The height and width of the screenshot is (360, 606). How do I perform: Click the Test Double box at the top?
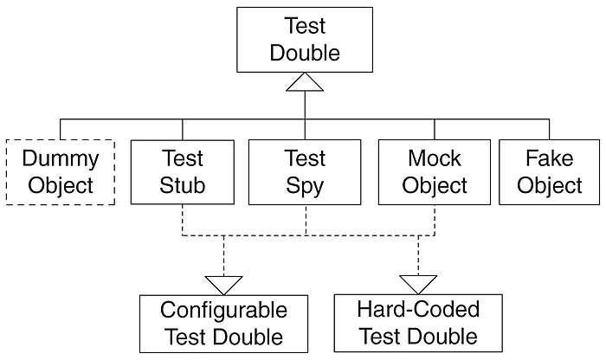(305, 41)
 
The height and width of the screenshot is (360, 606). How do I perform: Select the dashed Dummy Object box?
(60, 171)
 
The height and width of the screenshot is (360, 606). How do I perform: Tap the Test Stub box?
(182, 171)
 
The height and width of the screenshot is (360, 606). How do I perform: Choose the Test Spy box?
(305, 171)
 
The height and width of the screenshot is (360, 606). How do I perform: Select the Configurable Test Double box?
(223, 323)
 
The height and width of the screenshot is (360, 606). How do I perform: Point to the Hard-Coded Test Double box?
(418, 323)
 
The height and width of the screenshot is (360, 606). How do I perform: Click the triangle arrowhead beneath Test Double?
(305, 82)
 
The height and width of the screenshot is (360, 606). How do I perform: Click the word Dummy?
(61, 159)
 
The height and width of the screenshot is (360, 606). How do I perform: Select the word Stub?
(182, 184)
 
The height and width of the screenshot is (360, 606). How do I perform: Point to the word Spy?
(305, 184)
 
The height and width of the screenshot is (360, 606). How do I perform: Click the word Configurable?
(223, 310)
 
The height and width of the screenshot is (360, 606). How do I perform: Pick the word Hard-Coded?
(418, 310)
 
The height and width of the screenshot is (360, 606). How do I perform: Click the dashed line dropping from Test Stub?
(182, 219)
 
